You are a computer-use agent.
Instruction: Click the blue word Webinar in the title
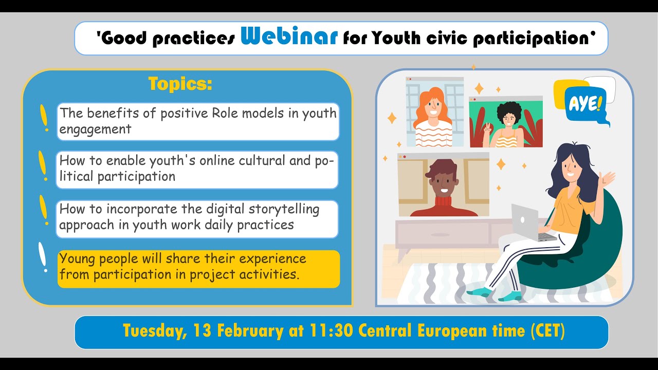(289, 37)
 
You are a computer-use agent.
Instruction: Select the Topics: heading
(180, 84)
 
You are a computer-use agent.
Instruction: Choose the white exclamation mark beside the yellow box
(43, 257)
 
